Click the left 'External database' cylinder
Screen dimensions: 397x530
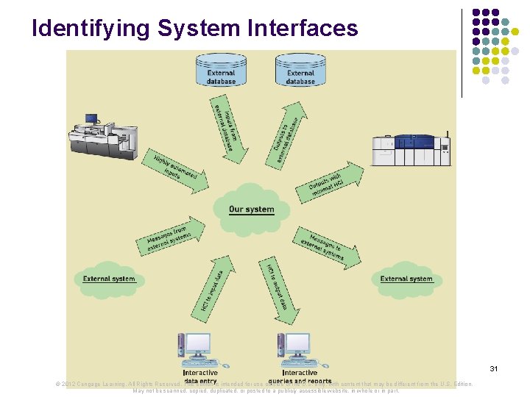point(221,70)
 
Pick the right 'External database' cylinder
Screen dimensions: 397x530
point(300,70)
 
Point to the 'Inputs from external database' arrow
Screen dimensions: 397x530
point(225,129)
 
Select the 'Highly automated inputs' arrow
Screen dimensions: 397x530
point(177,171)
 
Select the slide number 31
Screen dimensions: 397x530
point(494,368)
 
